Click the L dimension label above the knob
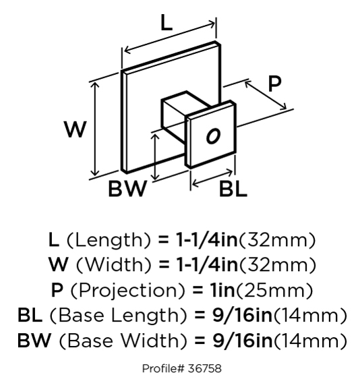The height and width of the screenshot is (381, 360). coord(167,23)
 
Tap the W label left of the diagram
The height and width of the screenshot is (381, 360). coord(75,129)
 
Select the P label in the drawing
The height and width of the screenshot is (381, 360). coord(275,84)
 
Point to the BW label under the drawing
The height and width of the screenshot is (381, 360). coord(127,188)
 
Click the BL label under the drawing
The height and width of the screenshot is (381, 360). coord(233,189)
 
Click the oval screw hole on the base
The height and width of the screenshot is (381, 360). coord(213,136)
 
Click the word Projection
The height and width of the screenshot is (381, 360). coord(127,291)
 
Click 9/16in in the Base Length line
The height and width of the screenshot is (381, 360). coord(243,316)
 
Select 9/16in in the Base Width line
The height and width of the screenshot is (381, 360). coord(243,341)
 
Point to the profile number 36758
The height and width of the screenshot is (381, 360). coord(204,368)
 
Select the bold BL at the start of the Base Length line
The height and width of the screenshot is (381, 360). coord(30,316)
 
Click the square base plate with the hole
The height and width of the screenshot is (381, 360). coord(211,134)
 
